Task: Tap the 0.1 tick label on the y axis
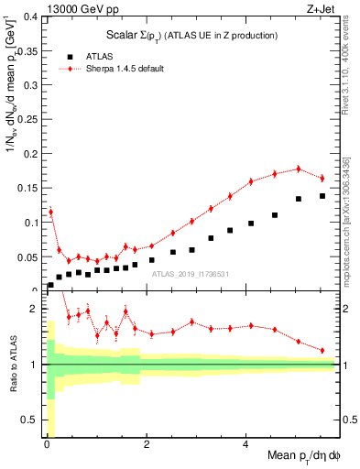(30, 222)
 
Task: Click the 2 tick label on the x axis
(147, 445)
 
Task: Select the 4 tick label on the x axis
(245, 445)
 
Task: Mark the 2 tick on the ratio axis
(35, 309)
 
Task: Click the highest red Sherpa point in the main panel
(299, 169)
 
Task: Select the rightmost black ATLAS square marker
(322, 196)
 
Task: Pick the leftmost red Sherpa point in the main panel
(50, 212)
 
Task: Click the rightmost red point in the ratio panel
(322, 350)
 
